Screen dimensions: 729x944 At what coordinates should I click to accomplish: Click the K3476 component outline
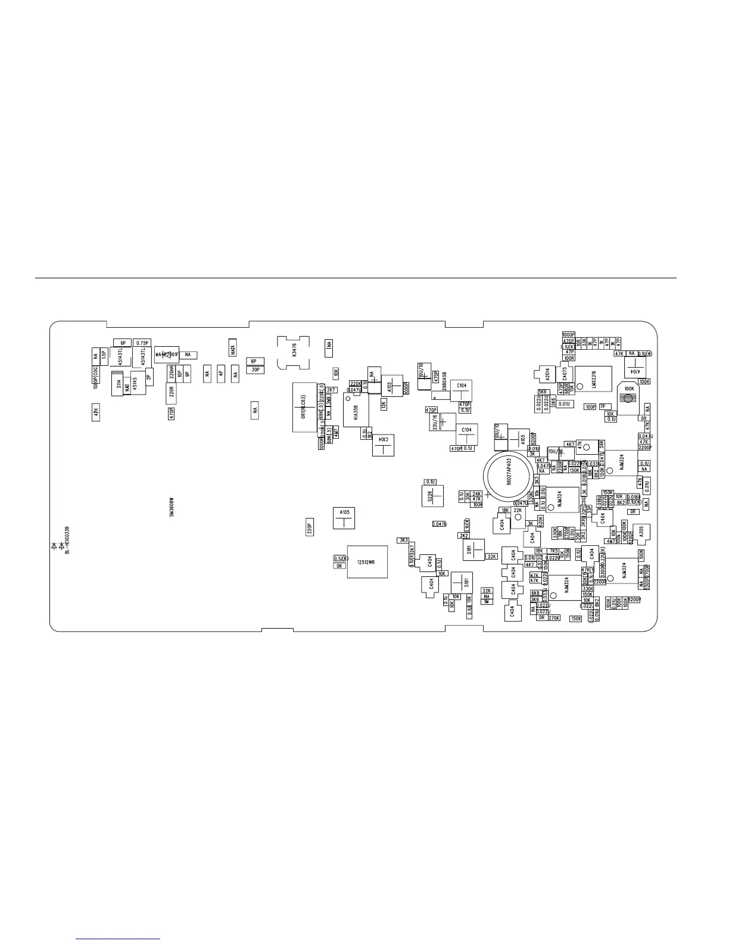click(x=294, y=352)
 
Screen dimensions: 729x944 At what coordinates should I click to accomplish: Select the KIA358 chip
click(x=356, y=409)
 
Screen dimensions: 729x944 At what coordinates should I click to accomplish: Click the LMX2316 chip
click(x=593, y=378)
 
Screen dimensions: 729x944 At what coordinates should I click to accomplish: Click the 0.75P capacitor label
click(x=142, y=343)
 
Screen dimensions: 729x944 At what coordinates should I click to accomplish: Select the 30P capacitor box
click(x=256, y=369)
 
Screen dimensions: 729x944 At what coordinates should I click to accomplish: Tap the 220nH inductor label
click(x=172, y=374)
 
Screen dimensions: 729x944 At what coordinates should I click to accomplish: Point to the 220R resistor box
click(x=171, y=392)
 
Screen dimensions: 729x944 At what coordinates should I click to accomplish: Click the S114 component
click(x=119, y=385)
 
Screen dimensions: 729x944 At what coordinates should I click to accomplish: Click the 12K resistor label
click(x=384, y=405)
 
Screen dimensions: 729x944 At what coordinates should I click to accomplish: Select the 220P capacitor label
click(x=310, y=527)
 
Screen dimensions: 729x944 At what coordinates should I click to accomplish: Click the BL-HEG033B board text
click(x=67, y=541)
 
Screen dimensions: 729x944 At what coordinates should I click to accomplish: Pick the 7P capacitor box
click(x=602, y=406)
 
